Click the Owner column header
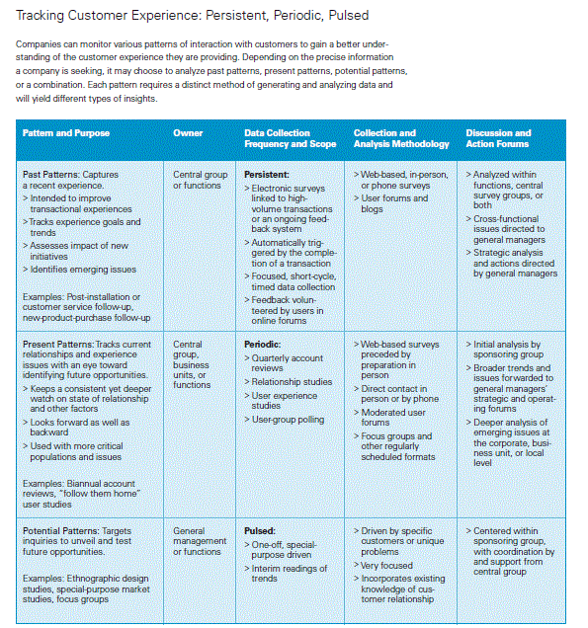188,133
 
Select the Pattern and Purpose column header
66,133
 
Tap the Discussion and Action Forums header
498,138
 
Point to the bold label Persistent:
267,174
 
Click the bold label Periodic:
264,344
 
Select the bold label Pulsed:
260,530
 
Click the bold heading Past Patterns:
52,174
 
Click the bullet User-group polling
288,419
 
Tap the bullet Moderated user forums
392,417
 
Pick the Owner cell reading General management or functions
199,541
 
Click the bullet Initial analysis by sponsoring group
508,349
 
